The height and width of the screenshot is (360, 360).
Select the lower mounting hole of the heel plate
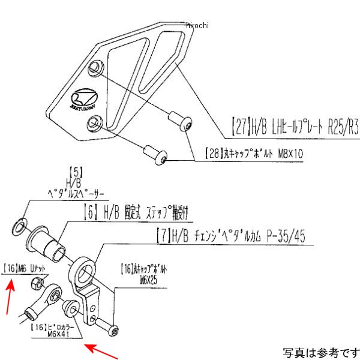click(93, 124)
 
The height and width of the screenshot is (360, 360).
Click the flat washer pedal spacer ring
click(20, 225)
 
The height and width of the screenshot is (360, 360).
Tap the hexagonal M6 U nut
click(37, 281)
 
